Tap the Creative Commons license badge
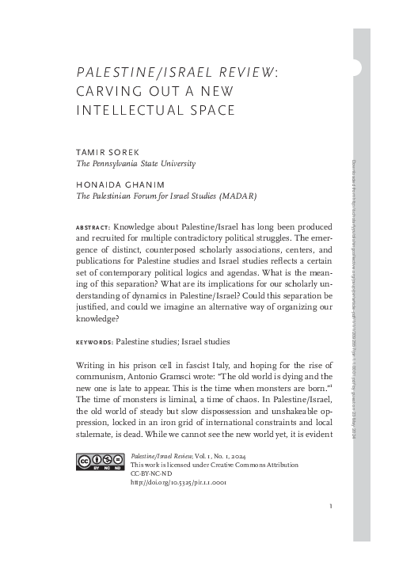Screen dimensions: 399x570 pyautogui.click(x=99, y=462)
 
